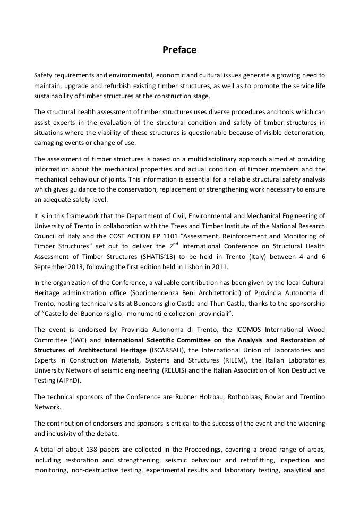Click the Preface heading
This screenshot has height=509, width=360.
pos(179,50)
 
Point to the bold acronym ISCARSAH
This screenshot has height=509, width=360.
pos(168,350)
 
